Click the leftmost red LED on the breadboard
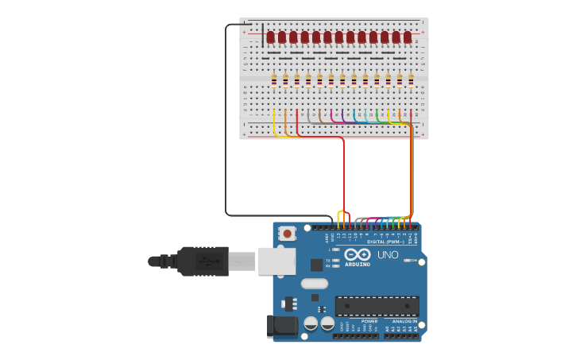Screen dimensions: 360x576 (x=270, y=37)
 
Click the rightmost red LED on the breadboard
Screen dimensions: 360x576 (x=408, y=37)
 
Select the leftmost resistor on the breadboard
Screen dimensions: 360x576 (x=274, y=79)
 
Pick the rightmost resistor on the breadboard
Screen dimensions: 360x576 (x=411, y=79)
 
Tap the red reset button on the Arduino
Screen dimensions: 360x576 (x=287, y=234)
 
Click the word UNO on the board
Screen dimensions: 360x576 (x=388, y=254)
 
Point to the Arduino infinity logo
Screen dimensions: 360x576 (x=358, y=254)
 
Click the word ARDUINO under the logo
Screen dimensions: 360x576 (x=358, y=264)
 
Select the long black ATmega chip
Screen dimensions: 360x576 (x=377, y=306)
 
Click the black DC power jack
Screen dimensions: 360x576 (x=282, y=325)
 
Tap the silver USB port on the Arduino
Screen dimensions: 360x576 (x=276, y=261)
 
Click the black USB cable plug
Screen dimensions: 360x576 (x=203, y=261)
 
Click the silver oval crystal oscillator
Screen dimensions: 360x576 (x=314, y=283)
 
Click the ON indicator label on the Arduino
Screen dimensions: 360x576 (x=407, y=260)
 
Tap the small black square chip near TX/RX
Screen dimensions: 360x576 (x=316, y=265)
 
